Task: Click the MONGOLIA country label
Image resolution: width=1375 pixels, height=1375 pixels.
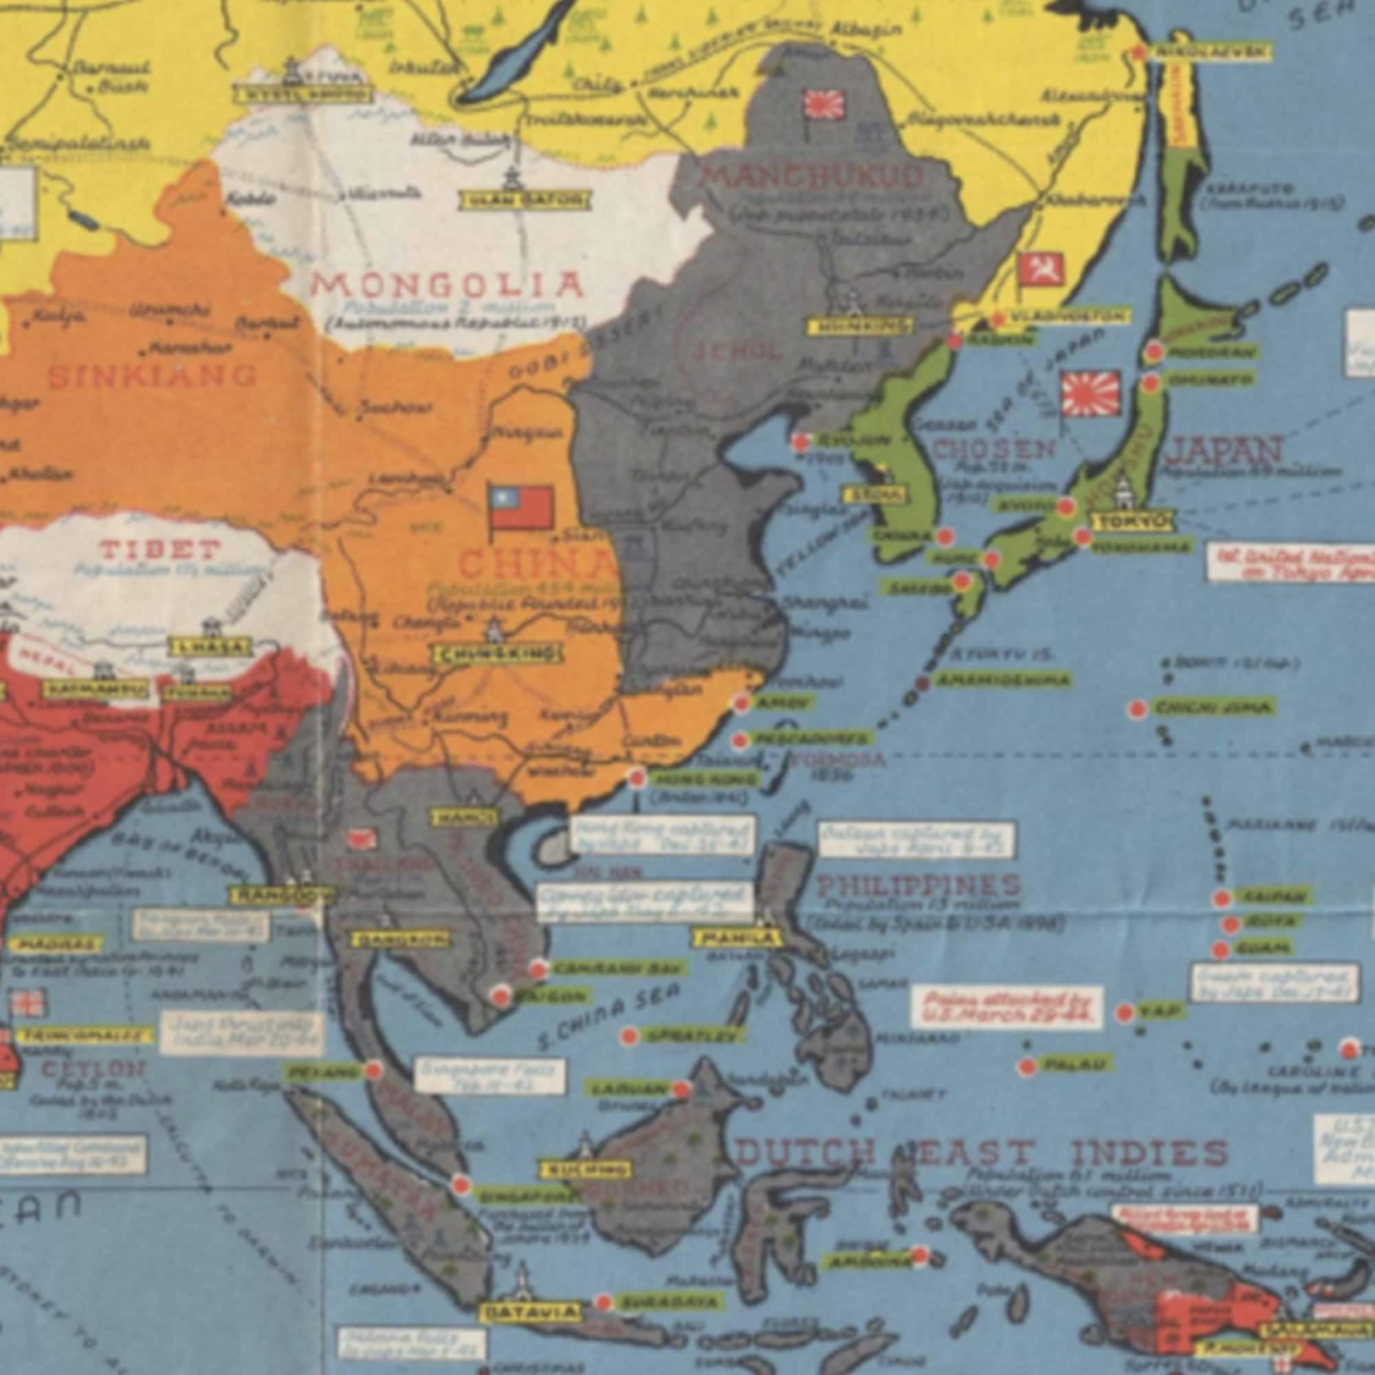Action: click(448, 285)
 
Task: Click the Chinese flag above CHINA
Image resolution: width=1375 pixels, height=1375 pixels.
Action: click(522, 507)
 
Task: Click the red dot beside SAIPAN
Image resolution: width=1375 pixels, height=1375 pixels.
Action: click(1222, 898)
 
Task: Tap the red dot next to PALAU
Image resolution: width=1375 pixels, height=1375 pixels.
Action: click(1027, 1066)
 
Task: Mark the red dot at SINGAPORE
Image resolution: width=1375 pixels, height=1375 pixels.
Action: click(461, 1185)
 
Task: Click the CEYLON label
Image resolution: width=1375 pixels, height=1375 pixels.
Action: click(93, 1069)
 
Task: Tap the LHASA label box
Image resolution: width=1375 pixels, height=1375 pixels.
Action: click(209, 648)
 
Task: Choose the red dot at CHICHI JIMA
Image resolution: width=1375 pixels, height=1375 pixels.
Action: click(1137, 709)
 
